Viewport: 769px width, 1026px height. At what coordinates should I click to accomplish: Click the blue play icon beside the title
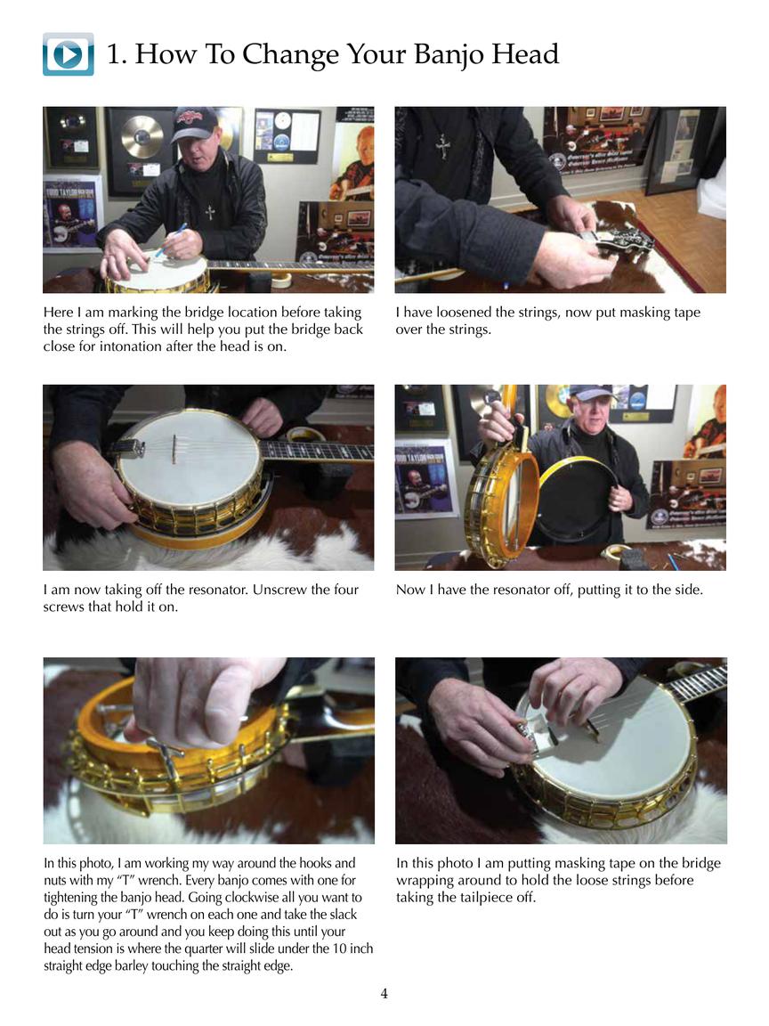(68, 54)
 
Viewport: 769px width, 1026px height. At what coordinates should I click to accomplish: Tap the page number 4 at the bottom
(384, 994)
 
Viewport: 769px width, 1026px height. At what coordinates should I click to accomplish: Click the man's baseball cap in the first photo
(196, 123)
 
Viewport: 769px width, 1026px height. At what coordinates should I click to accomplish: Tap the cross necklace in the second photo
(442, 146)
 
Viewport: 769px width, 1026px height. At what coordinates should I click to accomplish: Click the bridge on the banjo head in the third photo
(174, 448)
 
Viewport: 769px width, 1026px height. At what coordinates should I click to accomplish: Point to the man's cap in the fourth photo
(590, 393)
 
